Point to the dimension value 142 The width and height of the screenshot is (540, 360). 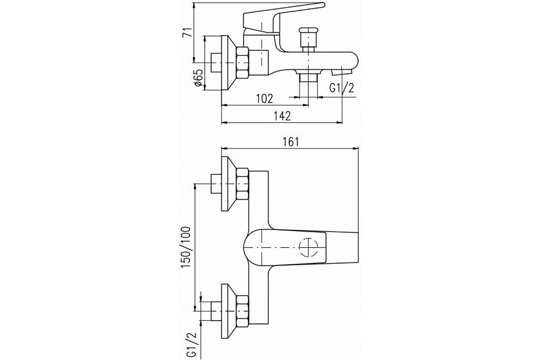[282, 116]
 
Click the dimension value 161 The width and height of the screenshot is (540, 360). [291, 142]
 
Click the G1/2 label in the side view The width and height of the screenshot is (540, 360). [343, 89]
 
